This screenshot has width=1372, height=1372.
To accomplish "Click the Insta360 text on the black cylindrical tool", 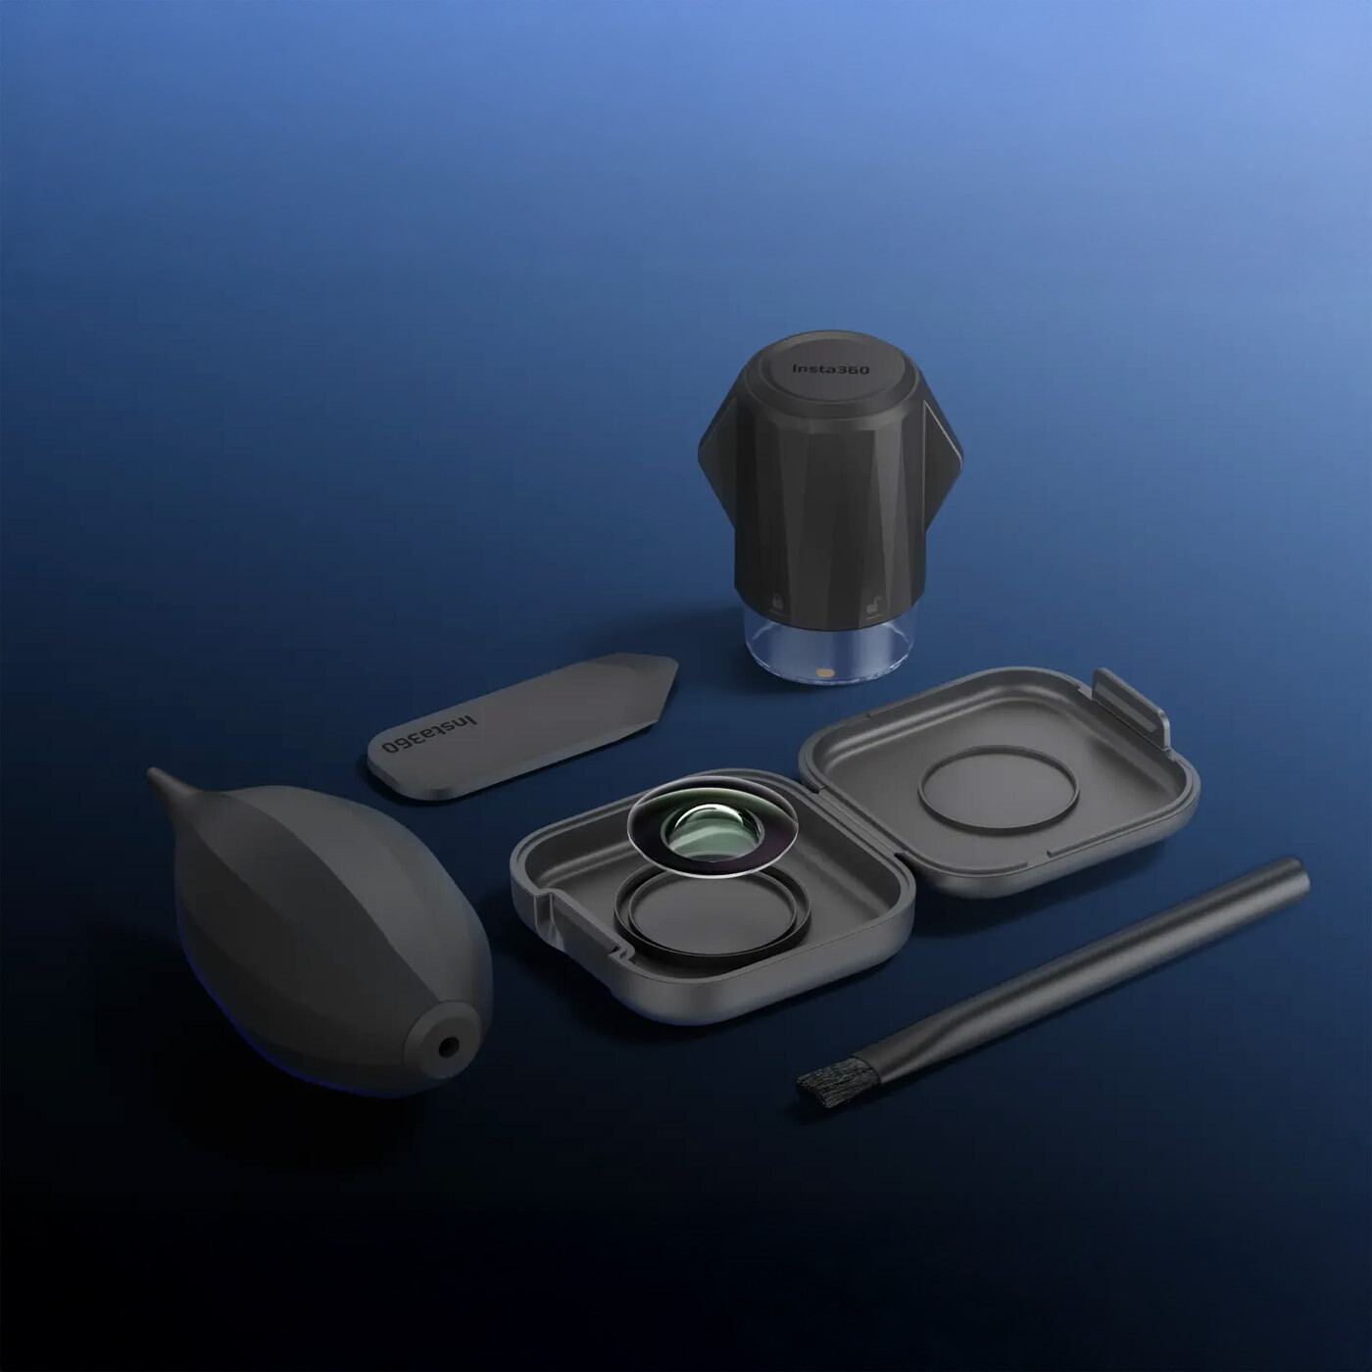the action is tap(830, 369).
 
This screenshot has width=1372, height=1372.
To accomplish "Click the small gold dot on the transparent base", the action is tap(825, 671).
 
